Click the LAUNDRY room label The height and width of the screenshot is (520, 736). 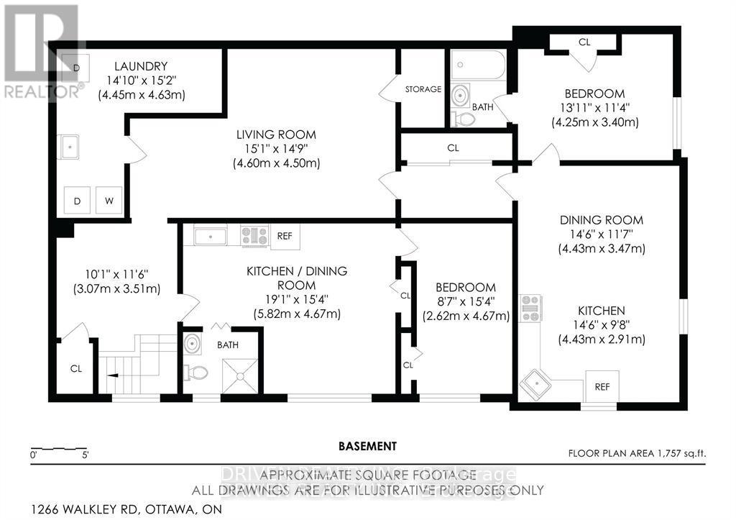142,66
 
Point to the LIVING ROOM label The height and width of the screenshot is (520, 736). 276,134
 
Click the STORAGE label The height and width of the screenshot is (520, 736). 423,89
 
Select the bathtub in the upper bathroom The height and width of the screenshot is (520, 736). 479,66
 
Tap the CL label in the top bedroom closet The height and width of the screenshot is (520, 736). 584,42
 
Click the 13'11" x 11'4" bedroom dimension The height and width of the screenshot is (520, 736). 594,108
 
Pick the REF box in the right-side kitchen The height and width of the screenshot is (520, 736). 602,387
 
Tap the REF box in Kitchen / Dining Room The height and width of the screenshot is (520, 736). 284,234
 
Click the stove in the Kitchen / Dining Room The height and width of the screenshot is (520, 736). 254,234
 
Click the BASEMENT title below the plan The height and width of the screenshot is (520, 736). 367,446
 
